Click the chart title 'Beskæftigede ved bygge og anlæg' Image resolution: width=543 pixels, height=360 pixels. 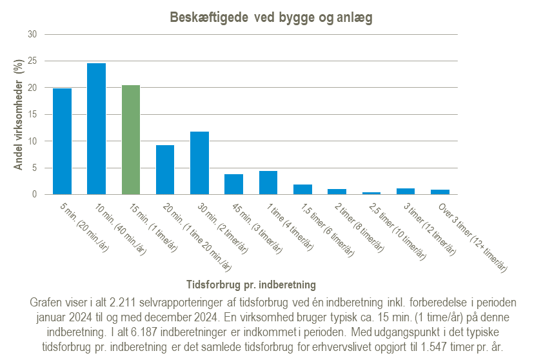(271, 17)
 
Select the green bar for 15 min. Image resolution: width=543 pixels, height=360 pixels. (131, 140)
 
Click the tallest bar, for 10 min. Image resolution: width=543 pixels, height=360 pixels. (97, 129)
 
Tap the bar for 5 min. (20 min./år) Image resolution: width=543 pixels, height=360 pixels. (62, 141)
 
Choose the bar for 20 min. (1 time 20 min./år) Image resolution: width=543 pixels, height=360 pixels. (165, 170)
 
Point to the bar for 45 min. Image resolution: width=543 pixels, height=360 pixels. (234, 185)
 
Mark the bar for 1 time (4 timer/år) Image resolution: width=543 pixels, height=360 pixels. (268, 183)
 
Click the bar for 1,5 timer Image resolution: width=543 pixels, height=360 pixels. (303, 190)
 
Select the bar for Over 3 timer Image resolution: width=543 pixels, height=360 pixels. (440, 192)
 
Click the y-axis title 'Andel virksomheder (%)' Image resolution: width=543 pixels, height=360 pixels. (19, 114)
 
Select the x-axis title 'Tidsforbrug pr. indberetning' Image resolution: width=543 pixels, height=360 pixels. (251, 284)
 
